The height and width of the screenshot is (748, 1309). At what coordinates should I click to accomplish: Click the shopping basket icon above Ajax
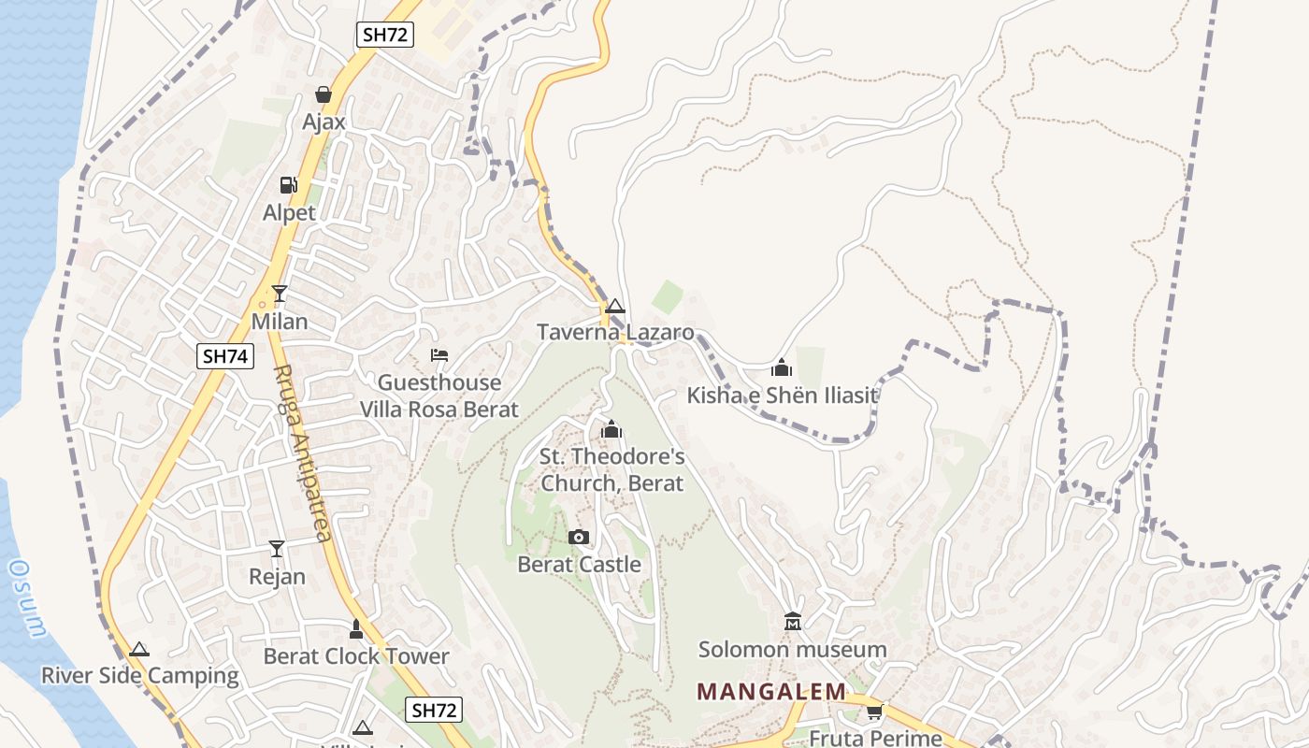[x=324, y=94]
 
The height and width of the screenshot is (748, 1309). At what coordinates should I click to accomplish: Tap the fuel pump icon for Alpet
[x=289, y=185]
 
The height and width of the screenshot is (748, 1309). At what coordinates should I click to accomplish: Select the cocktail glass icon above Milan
[x=279, y=294]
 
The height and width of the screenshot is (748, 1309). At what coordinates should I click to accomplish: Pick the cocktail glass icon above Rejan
[x=277, y=548]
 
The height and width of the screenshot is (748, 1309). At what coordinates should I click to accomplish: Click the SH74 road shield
[x=225, y=355]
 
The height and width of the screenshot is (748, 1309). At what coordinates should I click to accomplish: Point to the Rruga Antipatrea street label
[x=303, y=453]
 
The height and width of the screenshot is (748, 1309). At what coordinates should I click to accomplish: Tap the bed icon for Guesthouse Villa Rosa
[x=439, y=355]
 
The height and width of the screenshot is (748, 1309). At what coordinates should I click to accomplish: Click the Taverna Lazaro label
[x=615, y=332]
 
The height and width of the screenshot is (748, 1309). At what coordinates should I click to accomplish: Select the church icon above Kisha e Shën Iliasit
[x=782, y=367]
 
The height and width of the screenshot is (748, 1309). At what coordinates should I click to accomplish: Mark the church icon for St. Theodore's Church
[x=611, y=430]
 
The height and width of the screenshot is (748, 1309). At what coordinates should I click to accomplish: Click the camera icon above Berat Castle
[x=579, y=537]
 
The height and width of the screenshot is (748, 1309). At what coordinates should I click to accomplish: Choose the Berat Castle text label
[x=579, y=564]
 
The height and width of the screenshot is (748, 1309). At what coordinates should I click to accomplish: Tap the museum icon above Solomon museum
[x=793, y=622]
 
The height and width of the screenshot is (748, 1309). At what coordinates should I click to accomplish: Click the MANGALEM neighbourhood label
[x=771, y=692]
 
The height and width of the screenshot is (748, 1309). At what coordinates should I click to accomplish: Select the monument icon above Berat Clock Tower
[x=355, y=629]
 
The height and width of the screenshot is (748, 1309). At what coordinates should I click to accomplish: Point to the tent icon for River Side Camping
[x=139, y=649]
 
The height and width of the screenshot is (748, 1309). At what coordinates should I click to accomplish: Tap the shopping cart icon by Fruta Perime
[x=874, y=712]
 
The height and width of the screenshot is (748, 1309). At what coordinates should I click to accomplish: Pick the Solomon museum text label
[x=792, y=649]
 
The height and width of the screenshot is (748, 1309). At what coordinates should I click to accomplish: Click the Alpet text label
[x=289, y=212]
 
